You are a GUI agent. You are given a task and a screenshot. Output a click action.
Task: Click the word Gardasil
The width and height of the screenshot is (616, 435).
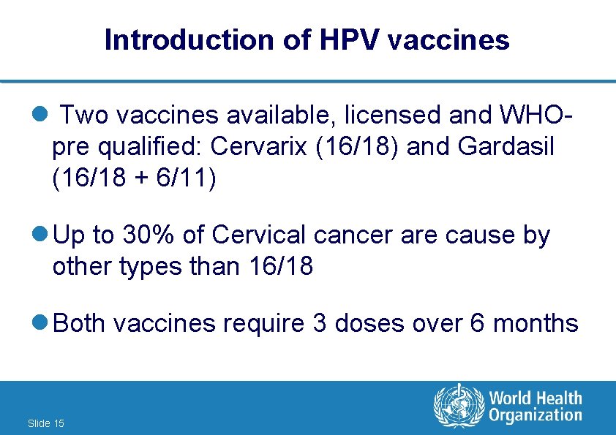click(506, 147)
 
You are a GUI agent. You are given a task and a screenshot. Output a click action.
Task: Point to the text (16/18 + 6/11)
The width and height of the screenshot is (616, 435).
click(135, 178)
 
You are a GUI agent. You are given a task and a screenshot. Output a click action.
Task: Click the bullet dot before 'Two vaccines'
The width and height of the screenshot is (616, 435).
click(42, 115)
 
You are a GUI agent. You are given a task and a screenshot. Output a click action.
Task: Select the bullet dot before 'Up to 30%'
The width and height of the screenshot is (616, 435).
click(42, 235)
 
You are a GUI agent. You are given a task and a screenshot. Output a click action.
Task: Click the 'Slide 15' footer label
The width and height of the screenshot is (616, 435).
click(45, 423)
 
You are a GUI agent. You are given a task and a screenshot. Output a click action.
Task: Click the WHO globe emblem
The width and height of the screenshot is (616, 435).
click(459, 406)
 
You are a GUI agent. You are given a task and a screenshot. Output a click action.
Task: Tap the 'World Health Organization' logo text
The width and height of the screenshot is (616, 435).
click(535, 406)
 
